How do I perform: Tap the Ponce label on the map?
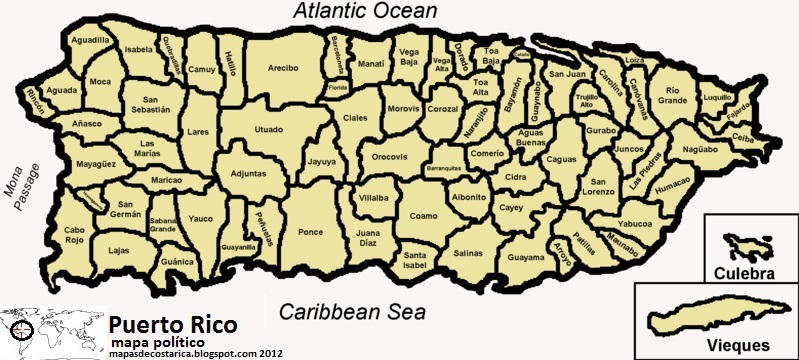coord(311,232)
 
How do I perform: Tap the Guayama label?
coord(526,257)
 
